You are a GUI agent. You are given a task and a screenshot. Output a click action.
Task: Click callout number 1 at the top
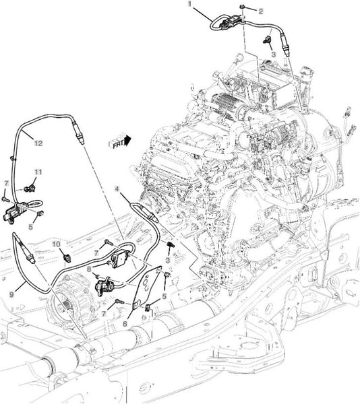tap(189, 4)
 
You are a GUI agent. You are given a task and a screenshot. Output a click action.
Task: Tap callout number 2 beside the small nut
tap(261, 11)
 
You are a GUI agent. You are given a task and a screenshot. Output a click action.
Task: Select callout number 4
tap(117, 189)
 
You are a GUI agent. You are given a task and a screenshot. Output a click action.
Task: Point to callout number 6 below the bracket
tap(125, 324)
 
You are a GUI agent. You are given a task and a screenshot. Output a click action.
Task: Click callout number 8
tap(89, 269)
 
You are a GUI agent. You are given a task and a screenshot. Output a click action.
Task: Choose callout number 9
tap(11, 294)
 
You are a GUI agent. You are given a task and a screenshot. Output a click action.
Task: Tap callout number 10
tap(57, 244)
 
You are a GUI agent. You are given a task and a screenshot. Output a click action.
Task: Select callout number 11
tap(38, 172)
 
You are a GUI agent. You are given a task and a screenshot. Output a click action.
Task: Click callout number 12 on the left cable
tap(38, 143)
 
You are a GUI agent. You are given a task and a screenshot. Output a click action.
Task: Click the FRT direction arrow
tap(120, 142)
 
